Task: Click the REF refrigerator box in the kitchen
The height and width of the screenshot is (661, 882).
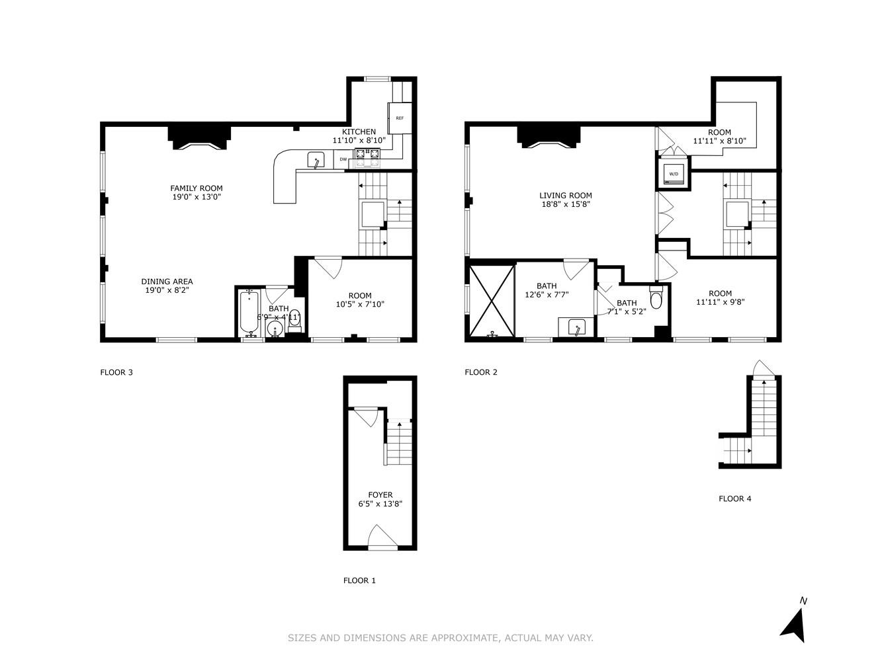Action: [x=400, y=118]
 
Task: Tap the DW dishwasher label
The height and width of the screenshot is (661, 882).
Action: [x=343, y=159]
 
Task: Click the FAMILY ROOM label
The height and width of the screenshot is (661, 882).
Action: [x=197, y=188]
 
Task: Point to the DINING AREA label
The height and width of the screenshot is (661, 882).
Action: [x=167, y=282]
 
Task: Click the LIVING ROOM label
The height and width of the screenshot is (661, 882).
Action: [x=565, y=196]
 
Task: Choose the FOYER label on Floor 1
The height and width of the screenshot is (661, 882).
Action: [x=380, y=495]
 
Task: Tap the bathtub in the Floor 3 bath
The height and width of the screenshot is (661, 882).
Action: [x=249, y=313]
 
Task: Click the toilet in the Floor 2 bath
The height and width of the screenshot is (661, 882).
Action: [x=656, y=299]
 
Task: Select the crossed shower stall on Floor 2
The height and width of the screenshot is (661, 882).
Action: [x=491, y=301]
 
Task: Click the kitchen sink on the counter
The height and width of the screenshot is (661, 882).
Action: [x=316, y=160]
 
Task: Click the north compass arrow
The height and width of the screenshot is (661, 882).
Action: [x=793, y=624]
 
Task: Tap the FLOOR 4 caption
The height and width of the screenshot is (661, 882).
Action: [x=734, y=499]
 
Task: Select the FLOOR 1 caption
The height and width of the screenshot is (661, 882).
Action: [x=359, y=581]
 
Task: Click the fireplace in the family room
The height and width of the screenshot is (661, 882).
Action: [x=198, y=139]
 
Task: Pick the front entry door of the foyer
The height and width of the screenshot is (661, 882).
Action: [x=382, y=537]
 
